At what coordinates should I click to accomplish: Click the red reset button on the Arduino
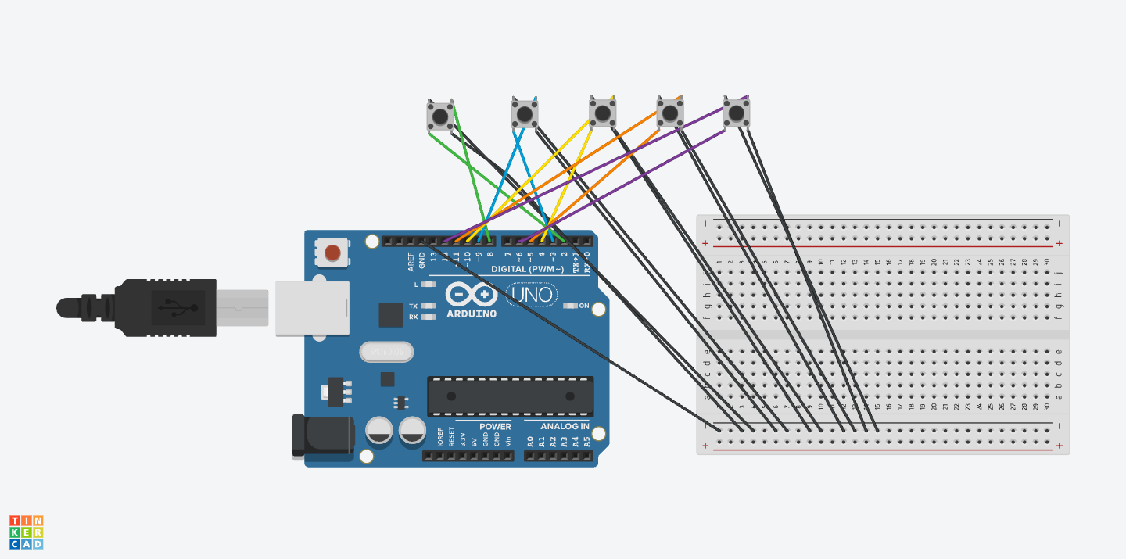pyautogui.click(x=332, y=253)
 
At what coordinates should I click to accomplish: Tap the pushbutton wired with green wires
pyautogui.click(x=440, y=116)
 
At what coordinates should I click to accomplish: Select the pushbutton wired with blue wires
pyautogui.click(x=525, y=114)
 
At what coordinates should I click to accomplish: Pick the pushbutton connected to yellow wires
pyautogui.click(x=602, y=113)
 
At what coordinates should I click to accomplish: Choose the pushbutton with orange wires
pyautogui.click(x=669, y=113)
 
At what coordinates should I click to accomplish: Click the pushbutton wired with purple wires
pyautogui.click(x=736, y=113)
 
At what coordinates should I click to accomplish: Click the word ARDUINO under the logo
pyautogui.click(x=472, y=314)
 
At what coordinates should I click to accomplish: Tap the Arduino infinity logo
pyautogui.click(x=472, y=295)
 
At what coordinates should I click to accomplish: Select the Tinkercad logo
pyautogui.click(x=27, y=532)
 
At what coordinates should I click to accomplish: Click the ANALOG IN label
pyautogui.click(x=556, y=426)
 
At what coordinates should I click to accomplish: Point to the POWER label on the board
pyautogui.click(x=495, y=426)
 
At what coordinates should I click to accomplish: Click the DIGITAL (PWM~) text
pyautogui.click(x=527, y=269)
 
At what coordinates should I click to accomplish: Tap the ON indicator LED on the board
pyautogui.click(x=571, y=306)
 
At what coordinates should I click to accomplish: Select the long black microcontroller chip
pyautogui.click(x=510, y=396)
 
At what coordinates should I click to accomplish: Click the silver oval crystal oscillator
pyautogui.click(x=385, y=353)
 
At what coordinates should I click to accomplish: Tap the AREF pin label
pyautogui.click(x=411, y=260)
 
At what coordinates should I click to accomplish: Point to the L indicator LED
pyautogui.click(x=428, y=285)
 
